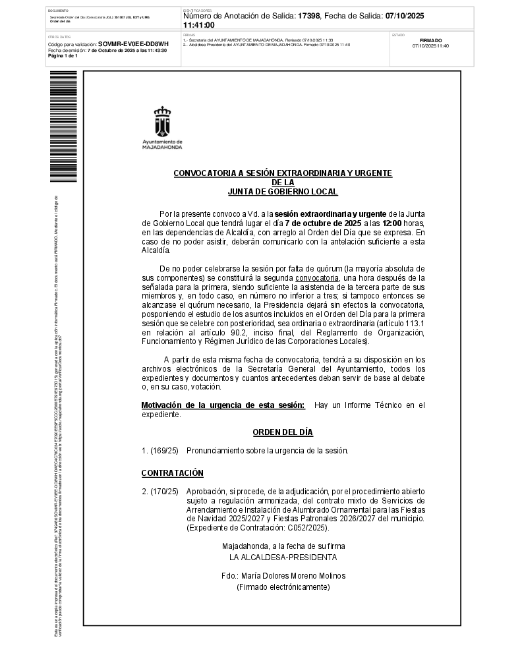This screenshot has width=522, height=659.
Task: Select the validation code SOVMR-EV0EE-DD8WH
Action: [x=133, y=44]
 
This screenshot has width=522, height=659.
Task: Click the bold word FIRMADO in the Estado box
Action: [x=430, y=40]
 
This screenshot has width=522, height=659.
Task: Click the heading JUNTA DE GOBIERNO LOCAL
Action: [x=282, y=192]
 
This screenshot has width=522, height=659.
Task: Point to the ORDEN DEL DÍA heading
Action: [x=283, y=432]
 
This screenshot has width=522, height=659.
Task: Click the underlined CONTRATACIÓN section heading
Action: [x=173, y=473]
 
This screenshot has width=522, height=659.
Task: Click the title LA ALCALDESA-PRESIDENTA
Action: [x=283, y=557]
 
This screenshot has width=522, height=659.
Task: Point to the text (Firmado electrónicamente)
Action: [x=283, y=587]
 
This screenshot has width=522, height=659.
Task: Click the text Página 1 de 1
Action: [x=63, y=55]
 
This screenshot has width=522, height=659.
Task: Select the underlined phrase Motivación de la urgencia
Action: [x=195, y=405]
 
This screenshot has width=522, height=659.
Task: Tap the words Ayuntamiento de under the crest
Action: [x=162, y=142]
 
